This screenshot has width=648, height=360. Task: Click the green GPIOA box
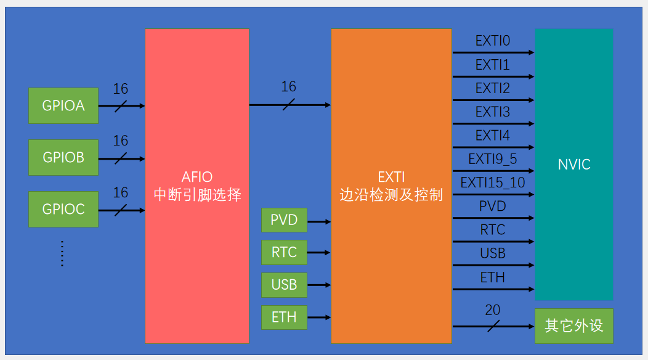pyautogui.click(x=63, y=105)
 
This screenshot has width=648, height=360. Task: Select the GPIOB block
pyautogui.click(x=63, y=157)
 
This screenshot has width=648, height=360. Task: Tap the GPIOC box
pyautogui.click(x=63, y=209)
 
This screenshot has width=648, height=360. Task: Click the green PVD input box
pyautogui.click(x=284, y=220)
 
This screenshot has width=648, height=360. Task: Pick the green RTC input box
pyautogui.click(x=284, y=252)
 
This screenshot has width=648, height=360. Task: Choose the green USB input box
pyautogui.click(x=284, y=285)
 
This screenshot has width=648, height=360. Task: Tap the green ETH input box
pyautogui.click(x=284, y=317)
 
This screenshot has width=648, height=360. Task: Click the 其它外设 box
pyautogui.click(x=573, y=326)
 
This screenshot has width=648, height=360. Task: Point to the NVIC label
pyautogui.click(x=573, y=165)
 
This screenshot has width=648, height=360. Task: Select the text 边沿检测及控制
pyautogui.click(x=391, y=195)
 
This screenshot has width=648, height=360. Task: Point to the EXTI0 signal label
pyautogui.click(x=492, y=41)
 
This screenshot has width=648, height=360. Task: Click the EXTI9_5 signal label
pyautogui.click(x=492, y=159)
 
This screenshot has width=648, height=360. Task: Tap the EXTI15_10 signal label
pyautogui.click(x=492, y=182)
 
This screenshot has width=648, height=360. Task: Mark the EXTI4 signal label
pyautogui.click(x=492, y=135)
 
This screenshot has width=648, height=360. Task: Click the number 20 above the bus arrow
pyautogui.click(x=492, y=311)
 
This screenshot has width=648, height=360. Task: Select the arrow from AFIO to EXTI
pyautogui.click(x=290, y=105)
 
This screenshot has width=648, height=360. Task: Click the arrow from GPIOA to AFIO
pyautogui.click(x=121, y=106)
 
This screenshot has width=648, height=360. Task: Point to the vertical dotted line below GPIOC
pyautogui.click(x=62, y=253)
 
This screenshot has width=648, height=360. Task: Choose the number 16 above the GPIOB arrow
pyautogui.click(x=121, y=141)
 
